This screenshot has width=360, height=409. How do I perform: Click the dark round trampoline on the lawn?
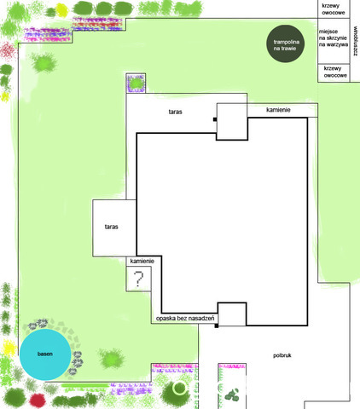pyautogui.click(x=285, y=43)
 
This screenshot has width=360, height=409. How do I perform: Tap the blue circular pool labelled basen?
pyautogui.click(x=45, y=354)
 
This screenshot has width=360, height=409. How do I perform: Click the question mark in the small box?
pyautogui.click(x=138, y=279)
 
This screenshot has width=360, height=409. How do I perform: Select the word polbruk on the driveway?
pyautogui.click(x=282, y=355)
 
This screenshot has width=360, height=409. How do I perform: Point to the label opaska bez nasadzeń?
pyautogui.click(x=185, y=319)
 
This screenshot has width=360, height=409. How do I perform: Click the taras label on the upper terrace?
pyautogui.click(x=175, y=112)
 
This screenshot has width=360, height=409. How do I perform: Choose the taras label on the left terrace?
pyautogui.click(x=111, y=227)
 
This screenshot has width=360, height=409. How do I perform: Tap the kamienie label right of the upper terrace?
pyautogui.click(x=278, y=110)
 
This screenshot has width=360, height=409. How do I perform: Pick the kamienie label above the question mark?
pyautogui.click(x=142, y=261)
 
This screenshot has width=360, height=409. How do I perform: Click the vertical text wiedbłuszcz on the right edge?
pyautogui.click(x=356, y=42)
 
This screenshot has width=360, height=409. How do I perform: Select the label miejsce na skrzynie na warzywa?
pyautogui.click(x=334, y=38)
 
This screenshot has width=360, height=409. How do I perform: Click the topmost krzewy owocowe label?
pyautogui.click(x=334, y=9)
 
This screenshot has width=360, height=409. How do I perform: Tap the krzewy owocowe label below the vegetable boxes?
pyautogui.click(x=335, y=72)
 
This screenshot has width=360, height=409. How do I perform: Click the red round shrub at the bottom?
pyautogui.click(x=38, y=400)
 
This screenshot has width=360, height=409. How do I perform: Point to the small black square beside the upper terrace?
pyautogui.click(x=215, y=119)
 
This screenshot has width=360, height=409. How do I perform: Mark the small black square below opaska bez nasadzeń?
pyautogui.click(x=217, y=325)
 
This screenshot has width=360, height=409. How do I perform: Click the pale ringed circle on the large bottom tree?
pyautogui.click(x=179, y=388)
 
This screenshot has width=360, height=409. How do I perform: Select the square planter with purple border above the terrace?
pyautogui.click(x=136, y=83)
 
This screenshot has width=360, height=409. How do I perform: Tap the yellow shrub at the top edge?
pyautogui.click(x=61, y=10)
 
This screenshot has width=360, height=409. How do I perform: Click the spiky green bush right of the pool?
pyautogui.click(x=112, y=359)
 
